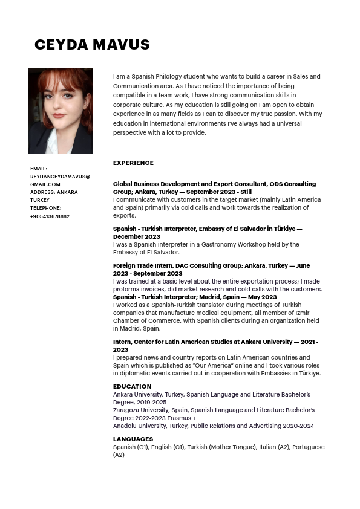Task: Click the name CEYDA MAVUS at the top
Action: (92, 45)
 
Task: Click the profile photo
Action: (61, 111)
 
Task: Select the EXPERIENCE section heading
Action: (133, 163)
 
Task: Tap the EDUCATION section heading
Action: (132, 386)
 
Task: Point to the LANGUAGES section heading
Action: (133, 439)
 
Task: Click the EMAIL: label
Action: (39, 169)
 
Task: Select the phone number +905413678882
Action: (50, 216)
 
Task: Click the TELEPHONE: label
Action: (45, 208)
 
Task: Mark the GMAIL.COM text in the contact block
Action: (45, 184)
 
